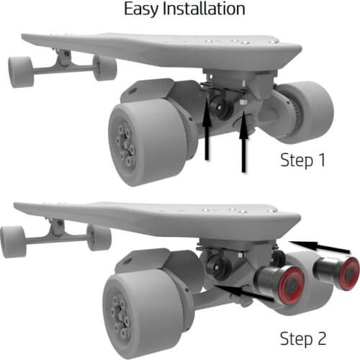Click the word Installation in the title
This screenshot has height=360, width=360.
click(x=204, y=9)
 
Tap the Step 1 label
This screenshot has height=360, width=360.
click(x=303, y=160)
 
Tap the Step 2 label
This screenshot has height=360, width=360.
click(x=303, y=338)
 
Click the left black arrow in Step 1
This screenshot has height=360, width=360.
click(x=207, y=129)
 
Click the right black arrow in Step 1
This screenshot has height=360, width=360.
click(x=243, y=142)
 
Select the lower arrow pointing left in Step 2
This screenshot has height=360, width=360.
click(x=245, y=292)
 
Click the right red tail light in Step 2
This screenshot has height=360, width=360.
click(x=349, y=274)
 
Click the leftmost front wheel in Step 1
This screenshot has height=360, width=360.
click(x=21, y=72)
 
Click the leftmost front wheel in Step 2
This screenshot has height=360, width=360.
click(x=14, y=242)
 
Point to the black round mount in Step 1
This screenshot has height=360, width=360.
click(x=221, y=107)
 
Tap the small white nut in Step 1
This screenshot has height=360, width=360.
click(x=243, y=102)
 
